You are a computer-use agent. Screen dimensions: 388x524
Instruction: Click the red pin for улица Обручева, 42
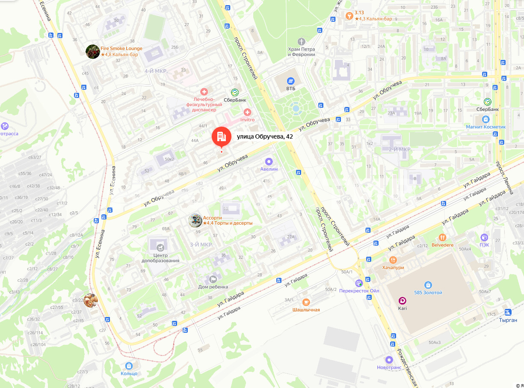[221, 137]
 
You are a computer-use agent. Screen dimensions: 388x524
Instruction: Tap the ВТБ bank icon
[291, 81]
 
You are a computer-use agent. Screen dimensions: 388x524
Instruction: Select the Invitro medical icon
[247, 113]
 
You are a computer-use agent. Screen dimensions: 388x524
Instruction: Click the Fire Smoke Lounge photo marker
[93, 52]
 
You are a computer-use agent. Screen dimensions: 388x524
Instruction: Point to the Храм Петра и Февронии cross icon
[302, 41]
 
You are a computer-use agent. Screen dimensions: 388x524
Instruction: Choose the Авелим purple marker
[269, 162]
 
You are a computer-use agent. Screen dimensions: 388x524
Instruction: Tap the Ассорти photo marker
[195, 220]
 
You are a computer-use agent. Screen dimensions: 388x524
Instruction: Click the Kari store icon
[403, 301]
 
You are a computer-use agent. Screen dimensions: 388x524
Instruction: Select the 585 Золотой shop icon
[428, 285]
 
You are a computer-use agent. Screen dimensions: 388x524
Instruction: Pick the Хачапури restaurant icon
[393, 260]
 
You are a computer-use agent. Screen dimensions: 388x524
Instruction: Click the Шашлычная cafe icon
[306, 302]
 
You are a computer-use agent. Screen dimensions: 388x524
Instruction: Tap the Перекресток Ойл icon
[359, 283]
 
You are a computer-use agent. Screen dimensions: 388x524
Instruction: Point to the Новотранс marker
[389, 360]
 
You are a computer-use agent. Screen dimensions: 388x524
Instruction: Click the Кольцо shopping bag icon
[129, 366]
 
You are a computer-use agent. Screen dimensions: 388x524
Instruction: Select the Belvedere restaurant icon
[442, 237]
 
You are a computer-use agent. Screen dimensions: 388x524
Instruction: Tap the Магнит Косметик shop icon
[486, 119]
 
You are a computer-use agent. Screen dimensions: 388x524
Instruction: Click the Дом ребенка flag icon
[213, 279]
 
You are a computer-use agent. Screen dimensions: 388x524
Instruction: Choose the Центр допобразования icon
[160, 247]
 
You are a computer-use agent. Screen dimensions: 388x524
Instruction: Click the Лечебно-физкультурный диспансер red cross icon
[204, 92]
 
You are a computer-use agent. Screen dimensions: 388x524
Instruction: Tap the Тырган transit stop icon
[508, 312]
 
